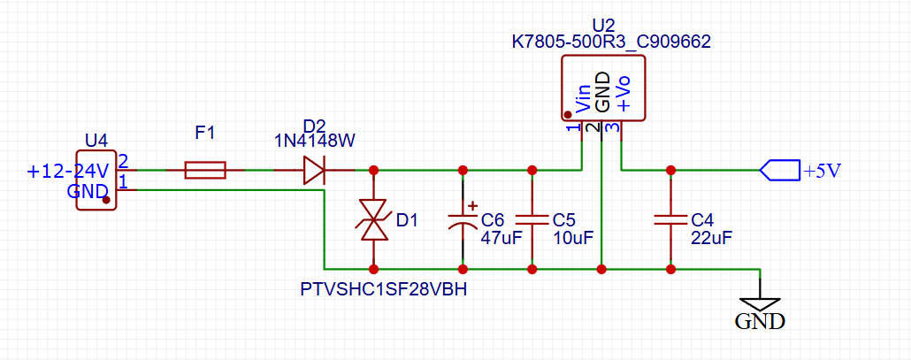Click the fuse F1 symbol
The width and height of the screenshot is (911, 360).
(205, 170)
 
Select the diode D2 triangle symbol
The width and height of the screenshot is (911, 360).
(314, 170)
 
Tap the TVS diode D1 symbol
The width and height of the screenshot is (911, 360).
(373, 219)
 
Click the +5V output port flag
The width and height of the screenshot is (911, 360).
(778, 170)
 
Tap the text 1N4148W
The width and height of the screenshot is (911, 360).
(314, 142)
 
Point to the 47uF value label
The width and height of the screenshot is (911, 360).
(500, 238)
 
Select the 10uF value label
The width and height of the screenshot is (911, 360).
(570, 238)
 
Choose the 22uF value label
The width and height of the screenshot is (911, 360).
(711, 238)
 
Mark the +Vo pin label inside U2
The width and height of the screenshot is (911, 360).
(624, 92)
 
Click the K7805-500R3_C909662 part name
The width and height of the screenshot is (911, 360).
(611, 41)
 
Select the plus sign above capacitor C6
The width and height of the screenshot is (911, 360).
(471, 205)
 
